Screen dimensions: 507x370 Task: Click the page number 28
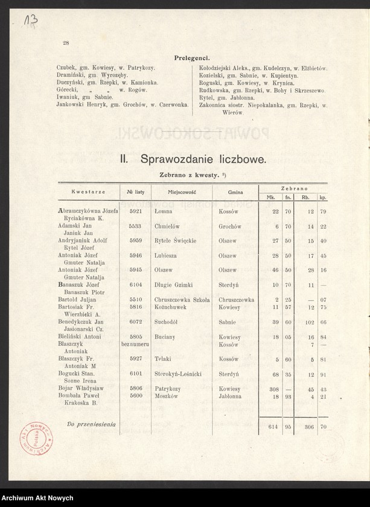coord(66,43)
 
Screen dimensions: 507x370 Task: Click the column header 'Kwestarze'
coord(88,191)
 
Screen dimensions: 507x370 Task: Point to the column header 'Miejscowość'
coord(182,191)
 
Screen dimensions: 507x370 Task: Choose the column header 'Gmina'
coord(235,191)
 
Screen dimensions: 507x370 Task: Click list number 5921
coord(135,212)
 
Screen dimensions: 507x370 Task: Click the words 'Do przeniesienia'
coord(91,425)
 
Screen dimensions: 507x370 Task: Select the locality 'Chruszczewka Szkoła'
coord(182,299)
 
